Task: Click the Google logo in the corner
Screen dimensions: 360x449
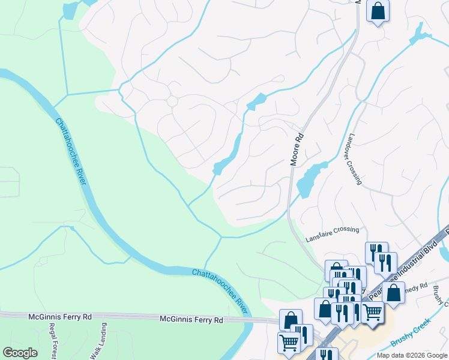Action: [20, 353]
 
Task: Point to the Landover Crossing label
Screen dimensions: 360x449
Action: [352, 159]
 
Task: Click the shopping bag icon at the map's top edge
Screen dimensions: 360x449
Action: [378, 11]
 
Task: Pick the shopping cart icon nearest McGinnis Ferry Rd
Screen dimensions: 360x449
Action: [289, 343]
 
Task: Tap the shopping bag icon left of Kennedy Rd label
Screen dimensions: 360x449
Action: [393, 293]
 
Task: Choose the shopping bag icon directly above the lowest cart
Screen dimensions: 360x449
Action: [291, 320]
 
